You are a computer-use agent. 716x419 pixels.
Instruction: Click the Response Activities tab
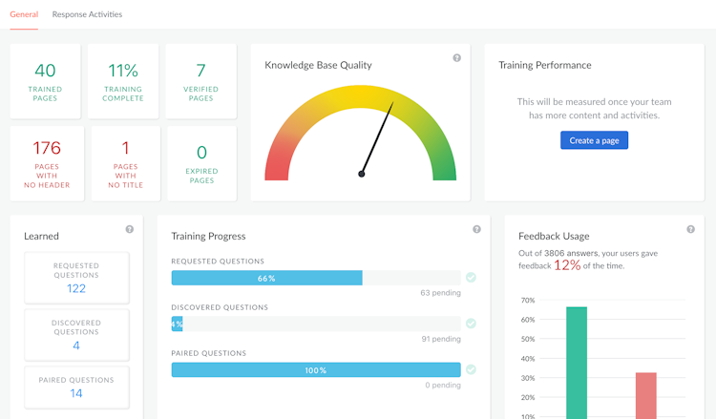87,14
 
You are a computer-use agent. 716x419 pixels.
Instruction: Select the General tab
24,14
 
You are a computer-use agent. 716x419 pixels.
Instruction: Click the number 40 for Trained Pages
45,71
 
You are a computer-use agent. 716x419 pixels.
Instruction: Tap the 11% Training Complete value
123,71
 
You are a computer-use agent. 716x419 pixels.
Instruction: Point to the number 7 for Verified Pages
200,71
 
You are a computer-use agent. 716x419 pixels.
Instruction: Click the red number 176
47,148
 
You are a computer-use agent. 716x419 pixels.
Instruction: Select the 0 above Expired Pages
201,153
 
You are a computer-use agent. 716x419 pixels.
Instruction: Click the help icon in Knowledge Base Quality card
456,58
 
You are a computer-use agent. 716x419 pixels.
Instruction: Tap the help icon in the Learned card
130,229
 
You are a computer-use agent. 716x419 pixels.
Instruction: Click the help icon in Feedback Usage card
690,229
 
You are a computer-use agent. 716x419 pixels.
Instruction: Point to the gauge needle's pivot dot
362,174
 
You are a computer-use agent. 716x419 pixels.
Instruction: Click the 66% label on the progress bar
266,279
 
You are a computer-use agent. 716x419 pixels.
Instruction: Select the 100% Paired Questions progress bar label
315,370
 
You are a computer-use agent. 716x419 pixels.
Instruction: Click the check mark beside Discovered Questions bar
471,324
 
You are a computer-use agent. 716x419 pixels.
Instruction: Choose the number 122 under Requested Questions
76,288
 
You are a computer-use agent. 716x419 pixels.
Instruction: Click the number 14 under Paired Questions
76,393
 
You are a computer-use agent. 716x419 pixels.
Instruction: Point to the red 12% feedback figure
567,265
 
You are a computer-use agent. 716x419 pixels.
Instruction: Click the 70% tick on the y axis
527,301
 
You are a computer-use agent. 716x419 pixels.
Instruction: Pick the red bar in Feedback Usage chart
646,395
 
